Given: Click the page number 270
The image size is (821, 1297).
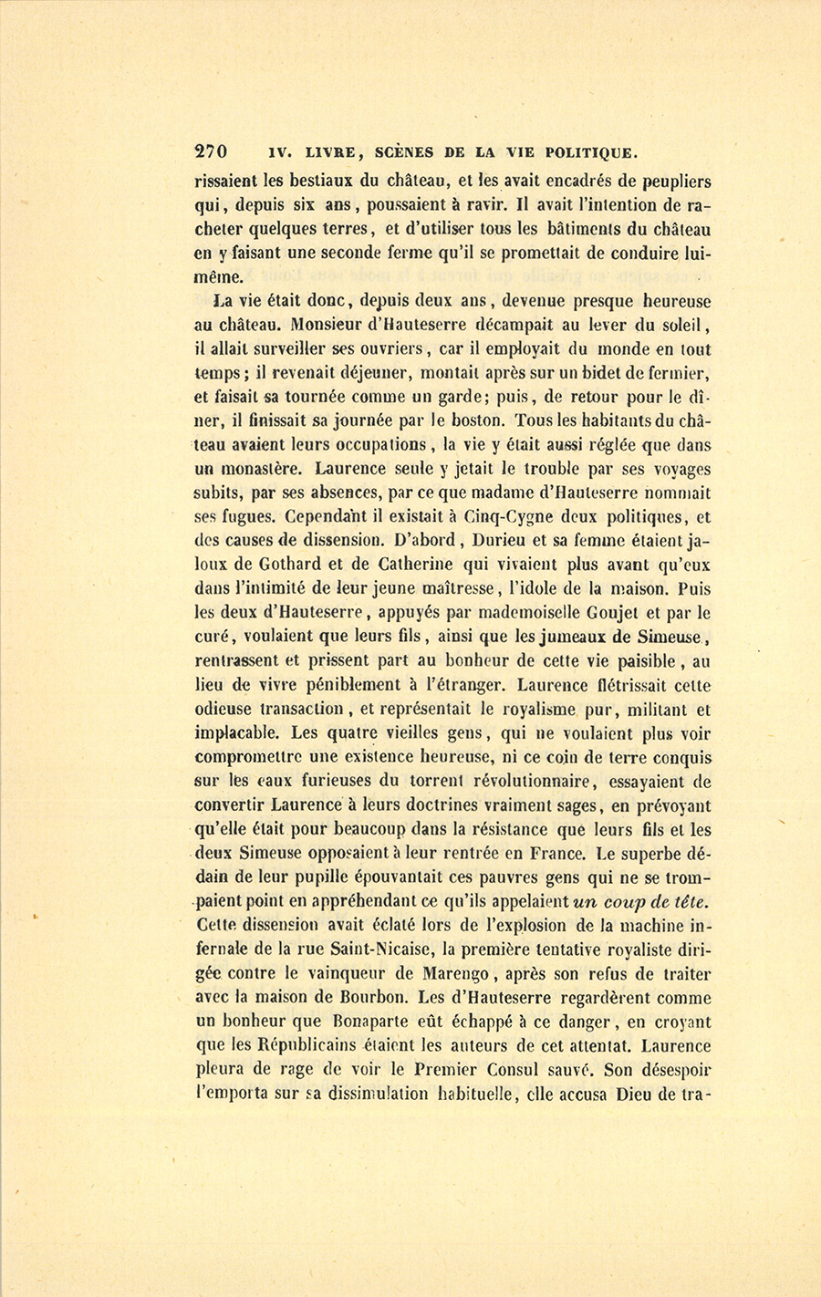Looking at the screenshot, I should click(211, 151).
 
